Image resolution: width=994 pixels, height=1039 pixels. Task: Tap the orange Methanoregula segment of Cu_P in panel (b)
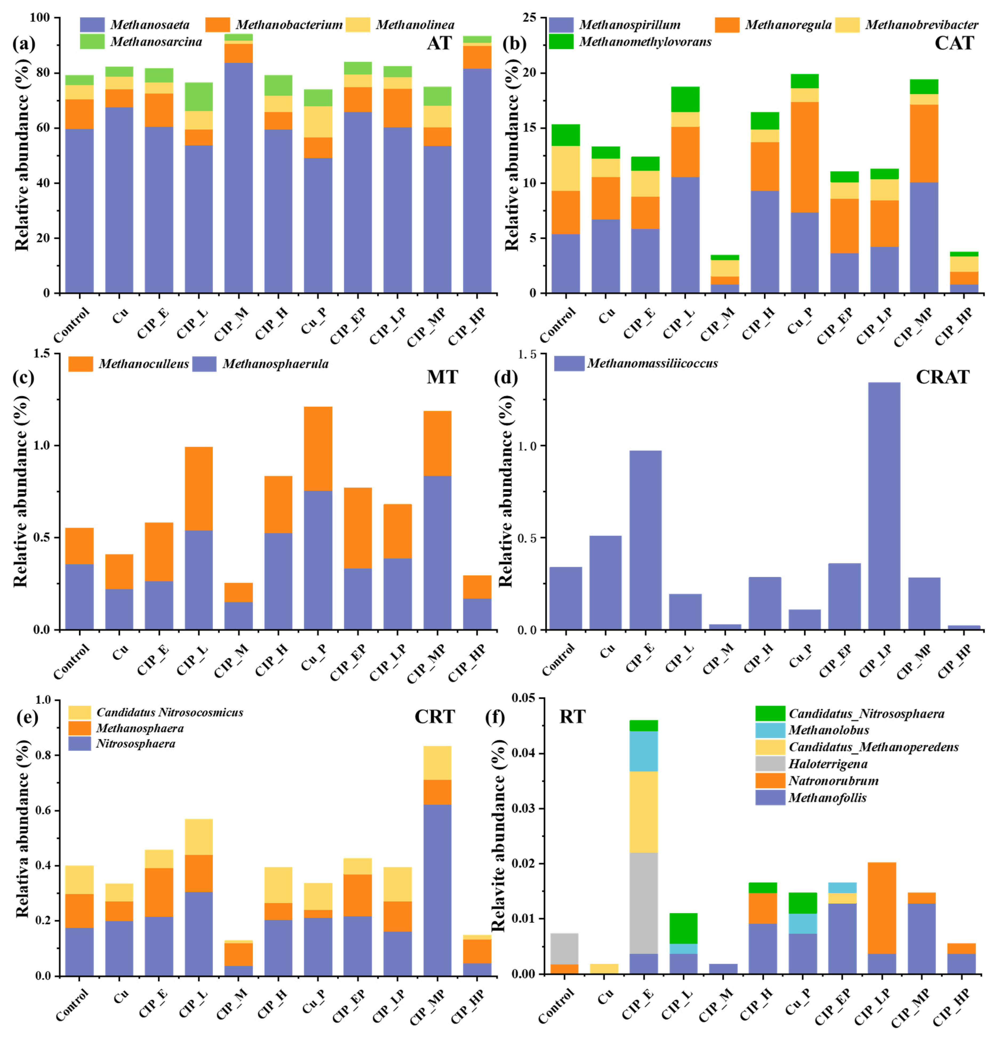(804, 157)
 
